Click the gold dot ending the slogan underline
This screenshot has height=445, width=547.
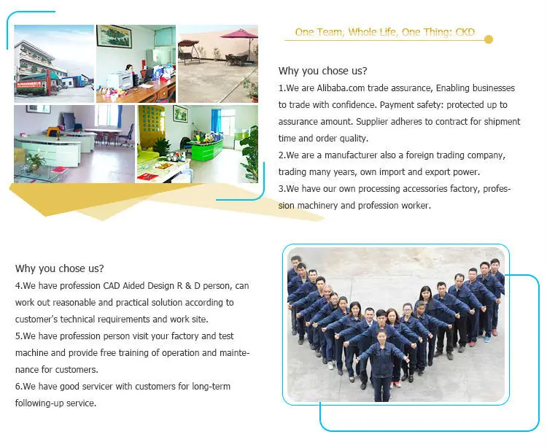click(x=489, y=39)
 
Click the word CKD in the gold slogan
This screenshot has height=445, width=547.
click(x=465, y=32)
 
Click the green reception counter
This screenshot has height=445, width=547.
click(x=206, y=149)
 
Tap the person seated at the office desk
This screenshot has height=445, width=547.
click(x=131, y=72)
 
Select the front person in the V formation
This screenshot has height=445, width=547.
click(x=382, y=365)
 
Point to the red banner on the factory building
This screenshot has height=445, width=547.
click(x=29, y=85)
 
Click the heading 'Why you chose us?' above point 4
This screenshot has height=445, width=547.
click(x=60, y=268)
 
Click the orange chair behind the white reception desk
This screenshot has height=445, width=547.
click(x=53, y=131)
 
